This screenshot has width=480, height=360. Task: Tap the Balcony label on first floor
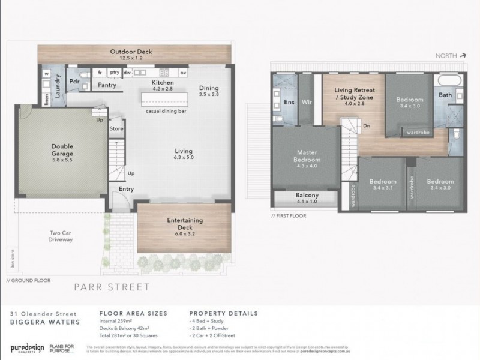pos(307,195)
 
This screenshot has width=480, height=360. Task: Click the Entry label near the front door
pos(126,188)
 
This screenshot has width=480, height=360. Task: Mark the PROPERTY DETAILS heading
pos(224,313)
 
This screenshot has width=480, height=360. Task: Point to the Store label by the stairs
pos(116,128)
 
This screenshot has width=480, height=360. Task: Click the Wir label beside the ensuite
pos(308,101)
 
